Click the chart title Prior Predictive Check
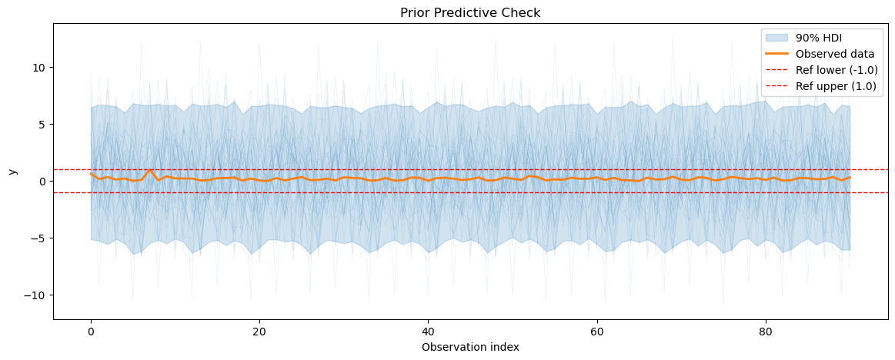[x=469, y=13]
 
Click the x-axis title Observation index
[x=470, y=347]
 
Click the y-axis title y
[x=12, y=171]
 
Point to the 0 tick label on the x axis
[x=91, y=332]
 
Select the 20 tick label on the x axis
[x=259, y=332]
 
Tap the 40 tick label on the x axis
[x=428, y=332]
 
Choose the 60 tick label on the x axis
[x=596, y=332]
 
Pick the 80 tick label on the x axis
[x=765, y=332]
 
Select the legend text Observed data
[x=834, y=54]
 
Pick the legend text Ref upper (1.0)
[x=837, y=86]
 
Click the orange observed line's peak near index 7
[x=150, y=170]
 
